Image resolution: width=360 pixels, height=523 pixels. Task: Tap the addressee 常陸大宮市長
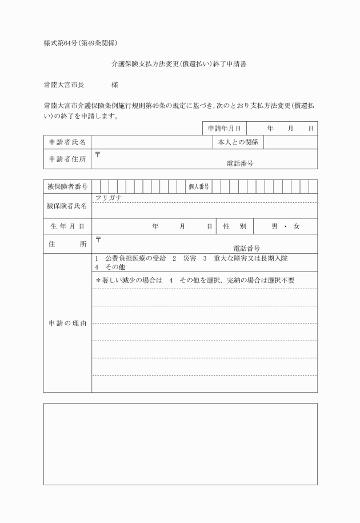pyautogui.click(x=64, y=85)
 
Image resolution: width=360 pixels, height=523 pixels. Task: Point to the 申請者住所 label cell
pyautogui.click(x=67, y=159)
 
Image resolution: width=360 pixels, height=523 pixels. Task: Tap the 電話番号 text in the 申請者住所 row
pyautogui.click(x=239, y=163)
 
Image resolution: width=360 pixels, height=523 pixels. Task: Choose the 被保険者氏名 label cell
pyautogui.click(x=67, y=206)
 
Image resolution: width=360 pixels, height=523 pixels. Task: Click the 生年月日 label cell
pyautogui.click(x=67, y=226)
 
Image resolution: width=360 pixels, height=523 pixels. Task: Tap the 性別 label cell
pyautogui.click(x=234, y=226)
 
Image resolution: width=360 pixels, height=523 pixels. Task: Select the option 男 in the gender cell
pyautogui.click(x=274, y=226)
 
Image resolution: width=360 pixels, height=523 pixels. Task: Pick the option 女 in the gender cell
pyautogui.click(x=296, y=226)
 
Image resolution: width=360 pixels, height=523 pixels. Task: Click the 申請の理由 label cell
pyautogui.click(x=67, y=324)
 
